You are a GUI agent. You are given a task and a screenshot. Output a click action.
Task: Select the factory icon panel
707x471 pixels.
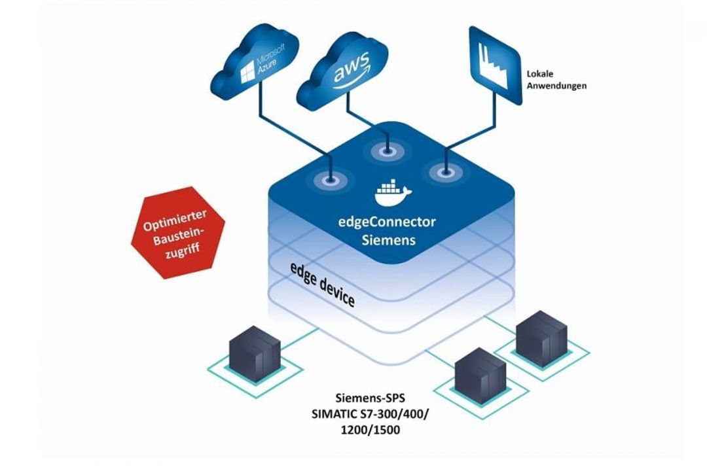(495, 65)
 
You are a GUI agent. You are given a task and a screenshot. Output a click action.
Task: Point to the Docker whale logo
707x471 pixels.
(392, 192)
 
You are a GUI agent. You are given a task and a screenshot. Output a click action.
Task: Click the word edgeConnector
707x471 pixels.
(387, 222)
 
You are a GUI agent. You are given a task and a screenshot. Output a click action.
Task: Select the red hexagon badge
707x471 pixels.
(177, 233)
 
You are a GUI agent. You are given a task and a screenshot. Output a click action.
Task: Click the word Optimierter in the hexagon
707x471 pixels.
(175, 220)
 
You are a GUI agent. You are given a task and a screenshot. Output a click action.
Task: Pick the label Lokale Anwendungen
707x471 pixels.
(556, 80)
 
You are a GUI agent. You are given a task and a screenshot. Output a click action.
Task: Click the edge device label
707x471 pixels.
(322, 285)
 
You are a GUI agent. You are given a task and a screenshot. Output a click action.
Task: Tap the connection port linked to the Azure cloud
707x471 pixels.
(331, 179)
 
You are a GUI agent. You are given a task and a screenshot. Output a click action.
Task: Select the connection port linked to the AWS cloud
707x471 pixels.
(386, 150)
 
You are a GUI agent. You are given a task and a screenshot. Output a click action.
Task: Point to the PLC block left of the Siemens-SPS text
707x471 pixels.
(255, 355)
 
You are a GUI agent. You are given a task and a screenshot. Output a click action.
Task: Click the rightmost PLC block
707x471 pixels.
(541, 338)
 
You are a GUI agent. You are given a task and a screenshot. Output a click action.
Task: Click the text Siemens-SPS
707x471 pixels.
(370, 398)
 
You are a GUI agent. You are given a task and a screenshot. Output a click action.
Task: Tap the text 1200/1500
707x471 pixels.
(370, 430)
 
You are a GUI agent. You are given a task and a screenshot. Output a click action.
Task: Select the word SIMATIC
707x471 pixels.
(333, 413)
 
